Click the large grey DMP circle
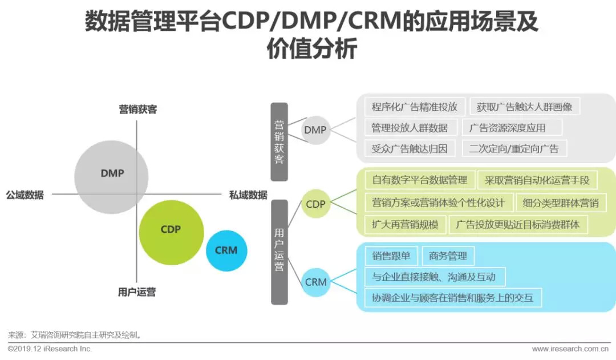pyautogui.click(x=111, y=173)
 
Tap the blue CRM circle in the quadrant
pyautogui.click(x=226, y=250)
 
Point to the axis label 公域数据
pyautogui.click(x=25, y=195)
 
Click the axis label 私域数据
pyautogui.click(x=248, y=195)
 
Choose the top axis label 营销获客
pyautogui.click(x=137, y=109)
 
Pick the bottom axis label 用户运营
pyautogui.click(x=136, y=292)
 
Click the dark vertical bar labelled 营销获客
pyautogui.click(x=279, y=141)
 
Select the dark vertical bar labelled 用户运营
pyautogui.click(x=279, y=252)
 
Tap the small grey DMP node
pyautogui.click(x=315, y=130)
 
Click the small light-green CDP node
pyautogui.click(x=315, y=204)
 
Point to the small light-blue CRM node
pyautogui.click(x=315, y=282)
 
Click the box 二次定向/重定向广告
pyautogui.click(x=514, y=149)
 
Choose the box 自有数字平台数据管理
pyautogui.click(x=419, y=180)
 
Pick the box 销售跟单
pyautogui.click(x=391, y=256)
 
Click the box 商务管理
pyautogui.click(x=448, y=256)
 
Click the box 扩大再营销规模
pyautogui.click(x=405, y=224)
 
